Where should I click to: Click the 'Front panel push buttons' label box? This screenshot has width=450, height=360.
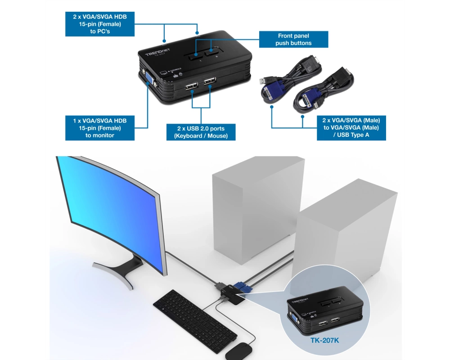point(293,39)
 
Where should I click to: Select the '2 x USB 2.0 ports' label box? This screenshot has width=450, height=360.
point(201,132)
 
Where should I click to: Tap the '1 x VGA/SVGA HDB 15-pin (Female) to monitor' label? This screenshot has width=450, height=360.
point(100,128)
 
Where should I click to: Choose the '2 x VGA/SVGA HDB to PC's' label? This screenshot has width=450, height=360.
point(100,24)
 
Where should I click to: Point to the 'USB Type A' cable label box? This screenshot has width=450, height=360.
point(351,128)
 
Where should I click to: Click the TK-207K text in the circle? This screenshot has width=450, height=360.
point(324,341)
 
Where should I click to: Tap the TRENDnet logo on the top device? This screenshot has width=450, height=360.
point(157,52)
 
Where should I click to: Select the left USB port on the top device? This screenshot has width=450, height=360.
point(191,86)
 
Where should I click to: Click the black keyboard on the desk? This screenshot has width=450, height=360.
point(195,321)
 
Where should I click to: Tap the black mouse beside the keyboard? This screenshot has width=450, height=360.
point(239,351)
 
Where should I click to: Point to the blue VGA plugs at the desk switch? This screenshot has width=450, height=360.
point(243,287)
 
